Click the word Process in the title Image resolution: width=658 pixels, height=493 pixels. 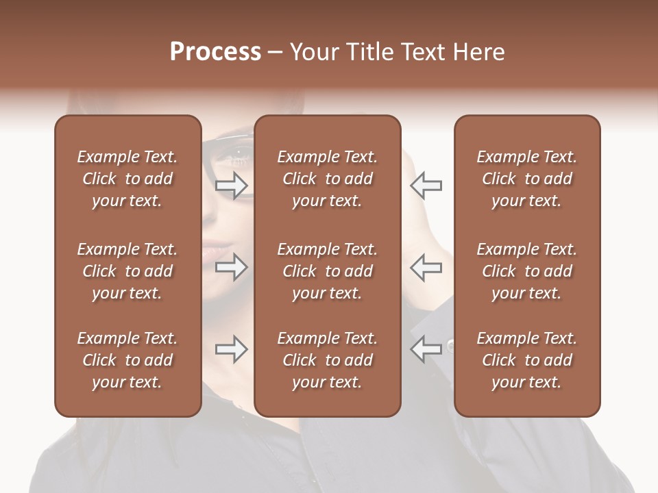215,52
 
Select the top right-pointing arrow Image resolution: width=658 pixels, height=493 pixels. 232,185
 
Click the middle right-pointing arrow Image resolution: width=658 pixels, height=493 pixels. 232,267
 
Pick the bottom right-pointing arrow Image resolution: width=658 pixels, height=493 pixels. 232,349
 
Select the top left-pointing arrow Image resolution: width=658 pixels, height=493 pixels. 426,185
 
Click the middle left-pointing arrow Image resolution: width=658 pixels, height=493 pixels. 426,267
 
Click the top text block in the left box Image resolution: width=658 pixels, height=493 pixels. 127,179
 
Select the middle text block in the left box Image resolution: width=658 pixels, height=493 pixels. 127,271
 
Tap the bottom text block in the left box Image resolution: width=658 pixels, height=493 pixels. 127,360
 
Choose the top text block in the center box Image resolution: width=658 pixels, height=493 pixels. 327,179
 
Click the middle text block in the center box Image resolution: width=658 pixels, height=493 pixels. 327,271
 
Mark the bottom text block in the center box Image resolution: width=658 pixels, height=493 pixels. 327,360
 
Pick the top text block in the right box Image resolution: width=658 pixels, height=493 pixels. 526,179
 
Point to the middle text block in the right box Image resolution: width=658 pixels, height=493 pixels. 526,271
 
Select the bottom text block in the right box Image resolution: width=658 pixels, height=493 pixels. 526,360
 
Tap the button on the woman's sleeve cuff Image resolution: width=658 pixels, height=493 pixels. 450,344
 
